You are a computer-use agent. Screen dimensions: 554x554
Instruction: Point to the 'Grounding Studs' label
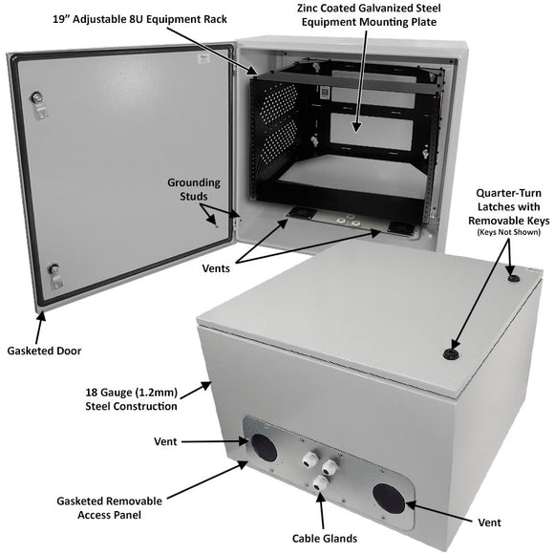(194, 189)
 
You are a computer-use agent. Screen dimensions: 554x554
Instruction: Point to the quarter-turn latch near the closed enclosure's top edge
(514, 277)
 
